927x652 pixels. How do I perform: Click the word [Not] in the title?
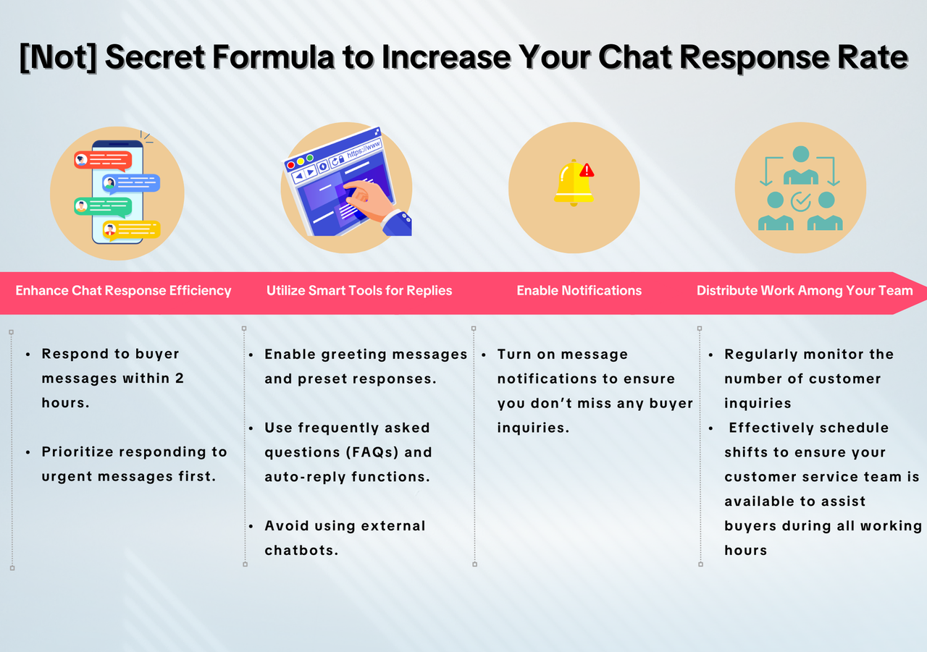(x=59, y=57)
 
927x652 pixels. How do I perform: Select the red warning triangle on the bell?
(x=587, y=170)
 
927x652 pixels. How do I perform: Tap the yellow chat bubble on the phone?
(x=131, y=230)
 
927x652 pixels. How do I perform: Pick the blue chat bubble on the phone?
(x=131, y=184)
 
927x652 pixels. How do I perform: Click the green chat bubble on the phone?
(x=103, y=207)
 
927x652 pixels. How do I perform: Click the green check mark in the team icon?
(x=801, y=202)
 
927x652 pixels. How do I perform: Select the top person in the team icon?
(x=801, y=166)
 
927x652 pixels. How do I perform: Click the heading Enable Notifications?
(x=579, y=291)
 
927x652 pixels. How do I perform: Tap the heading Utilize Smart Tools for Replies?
(x=359, y=291)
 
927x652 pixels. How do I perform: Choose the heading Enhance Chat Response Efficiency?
(x=123, y=291)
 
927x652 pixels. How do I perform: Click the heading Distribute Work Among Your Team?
(x=805, y=291)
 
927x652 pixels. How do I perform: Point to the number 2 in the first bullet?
(x=179, y=378)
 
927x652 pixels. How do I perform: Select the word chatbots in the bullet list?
(x=301, y=550)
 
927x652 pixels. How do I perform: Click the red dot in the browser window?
(x=291, y=166)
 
